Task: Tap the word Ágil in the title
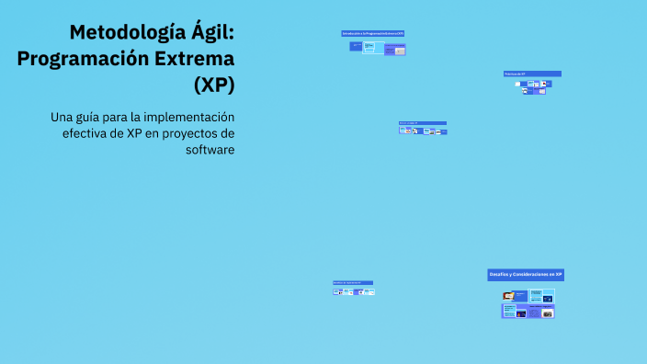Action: tap(213, 33)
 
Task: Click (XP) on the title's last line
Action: tap(214, 84)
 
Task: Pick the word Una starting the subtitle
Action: tap(62, 117)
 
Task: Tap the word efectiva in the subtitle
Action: tap(87, 133)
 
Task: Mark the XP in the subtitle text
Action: tap(135, 133)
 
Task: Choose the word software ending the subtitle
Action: tap(210, 150)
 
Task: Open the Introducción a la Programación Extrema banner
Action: tap(372, 33)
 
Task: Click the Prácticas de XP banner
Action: tap(532, 74)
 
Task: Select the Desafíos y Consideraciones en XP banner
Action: tap(526, 274)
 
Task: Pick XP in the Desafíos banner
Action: tap(558, 274)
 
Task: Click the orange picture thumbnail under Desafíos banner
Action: tap(507, 296)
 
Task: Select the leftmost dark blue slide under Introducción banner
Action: tap(355, 46)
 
